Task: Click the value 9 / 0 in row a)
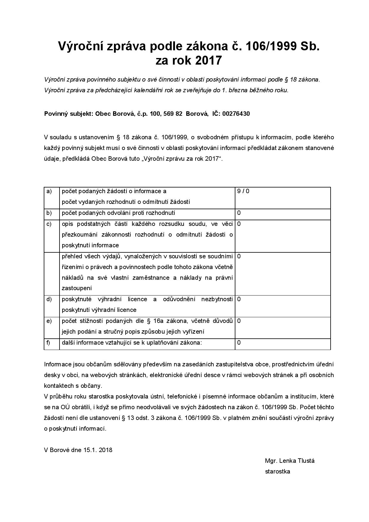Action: click(243, 191)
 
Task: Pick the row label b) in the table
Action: click(49, 213)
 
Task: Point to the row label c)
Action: click(49, 224)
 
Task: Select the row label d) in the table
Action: click(49, 299)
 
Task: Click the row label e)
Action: click(49, 321)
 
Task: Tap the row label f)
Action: click(49, 343)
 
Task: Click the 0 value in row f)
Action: click(239, 343)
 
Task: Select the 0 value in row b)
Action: click(239, 213)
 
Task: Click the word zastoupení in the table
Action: click(77, 288)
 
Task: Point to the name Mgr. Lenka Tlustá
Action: click(290, 461)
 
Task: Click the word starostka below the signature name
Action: click(277, 471)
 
